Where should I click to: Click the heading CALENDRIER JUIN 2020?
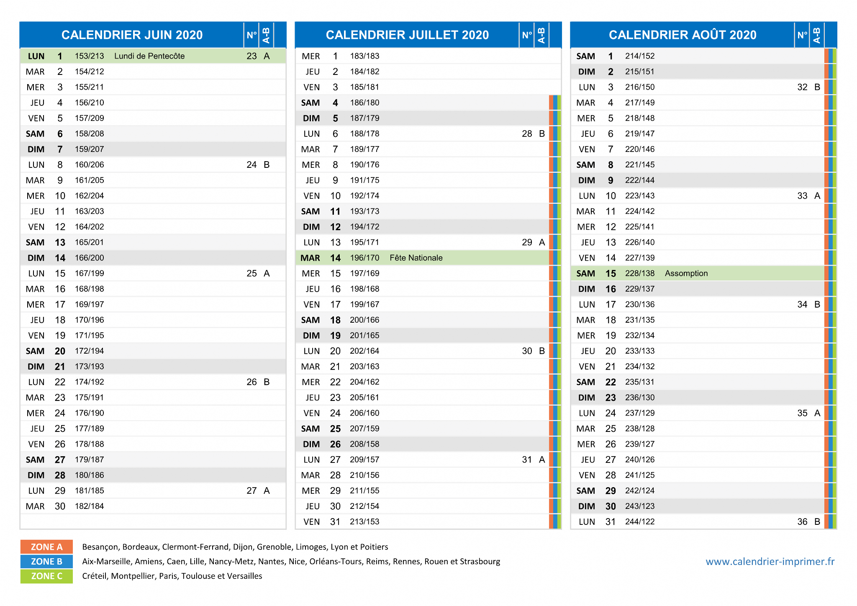point(132,35)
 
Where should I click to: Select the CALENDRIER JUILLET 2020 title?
point(407,35)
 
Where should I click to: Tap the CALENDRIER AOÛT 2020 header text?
point(683,35)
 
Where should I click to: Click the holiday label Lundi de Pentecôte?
point(149,56)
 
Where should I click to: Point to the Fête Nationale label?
point(416,258)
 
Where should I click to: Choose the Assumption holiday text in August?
point(686,273)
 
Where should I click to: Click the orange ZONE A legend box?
point(46,547)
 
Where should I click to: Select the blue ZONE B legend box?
point(46,562)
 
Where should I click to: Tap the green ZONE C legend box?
point(46,576)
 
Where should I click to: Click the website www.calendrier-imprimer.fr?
point(770,562)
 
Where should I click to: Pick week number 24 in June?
point(251,165)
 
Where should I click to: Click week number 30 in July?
point(527,351)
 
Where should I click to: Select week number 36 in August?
point(802,522)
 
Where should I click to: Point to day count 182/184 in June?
point(90,506)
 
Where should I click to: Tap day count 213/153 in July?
point(365,522)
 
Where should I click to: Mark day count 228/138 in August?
point(640,273)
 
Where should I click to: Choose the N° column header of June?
point(251,35)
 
